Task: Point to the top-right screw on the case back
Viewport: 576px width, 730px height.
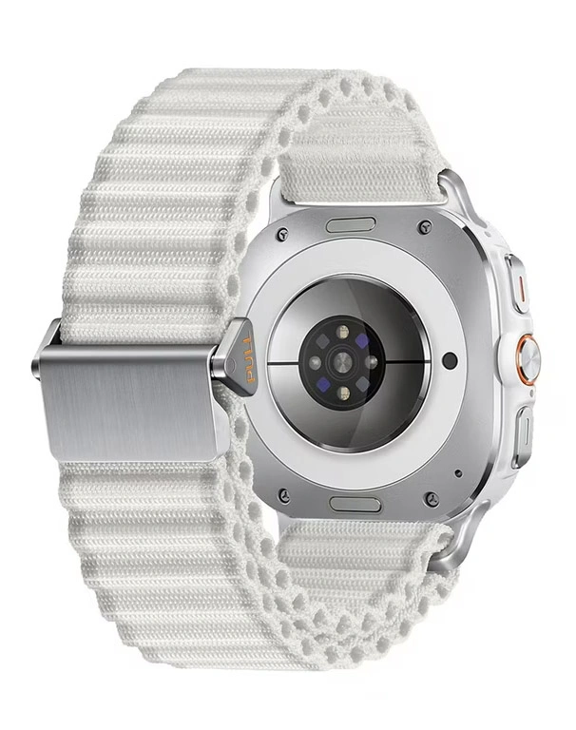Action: pyautogui.click(x=425, y=227)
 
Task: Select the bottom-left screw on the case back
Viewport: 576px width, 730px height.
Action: pyautogui.click(x=283, y=494)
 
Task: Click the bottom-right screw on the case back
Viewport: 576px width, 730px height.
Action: pyautogui.click(x=432, y=498)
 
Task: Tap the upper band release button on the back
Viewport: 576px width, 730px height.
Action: pyautogui.click(x=350, y=225)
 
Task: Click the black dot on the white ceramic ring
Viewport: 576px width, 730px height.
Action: pyautogui.click(x=450, y=361)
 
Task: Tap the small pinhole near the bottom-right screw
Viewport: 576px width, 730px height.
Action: pyautogui.click(x=459, y=472)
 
